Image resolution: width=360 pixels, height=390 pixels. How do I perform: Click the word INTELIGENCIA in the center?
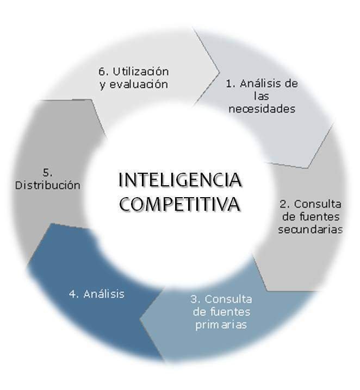(x=180, y=180)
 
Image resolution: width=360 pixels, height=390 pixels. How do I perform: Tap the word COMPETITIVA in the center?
(x=180, y=204)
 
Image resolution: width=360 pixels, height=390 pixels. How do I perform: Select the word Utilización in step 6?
(x=141, y=72)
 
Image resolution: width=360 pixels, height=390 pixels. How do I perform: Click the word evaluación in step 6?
(x=139, y=85)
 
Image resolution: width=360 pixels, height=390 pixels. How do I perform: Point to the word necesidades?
(x=262, y=109)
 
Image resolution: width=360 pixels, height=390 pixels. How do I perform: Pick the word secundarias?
(x=311, y=229)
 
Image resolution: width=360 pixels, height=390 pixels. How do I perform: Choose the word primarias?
(x=221, y=325)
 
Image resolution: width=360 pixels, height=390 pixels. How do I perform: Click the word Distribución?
(x=47, y=185)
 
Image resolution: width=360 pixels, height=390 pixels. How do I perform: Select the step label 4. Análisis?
(x=97, y=294)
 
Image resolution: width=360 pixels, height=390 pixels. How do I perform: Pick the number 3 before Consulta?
(x=195, y=299)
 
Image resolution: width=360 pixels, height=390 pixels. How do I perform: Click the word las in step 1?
(x=262, y=96)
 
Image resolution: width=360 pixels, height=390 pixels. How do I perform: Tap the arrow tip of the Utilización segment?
(x=219, y=72)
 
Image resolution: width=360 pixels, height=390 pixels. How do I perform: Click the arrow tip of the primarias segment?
(x=140, y=319)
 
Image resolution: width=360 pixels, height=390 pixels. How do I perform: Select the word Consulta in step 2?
(x=318, y=204)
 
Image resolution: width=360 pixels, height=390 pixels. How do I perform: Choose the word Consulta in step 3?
(x=228, y=299)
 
